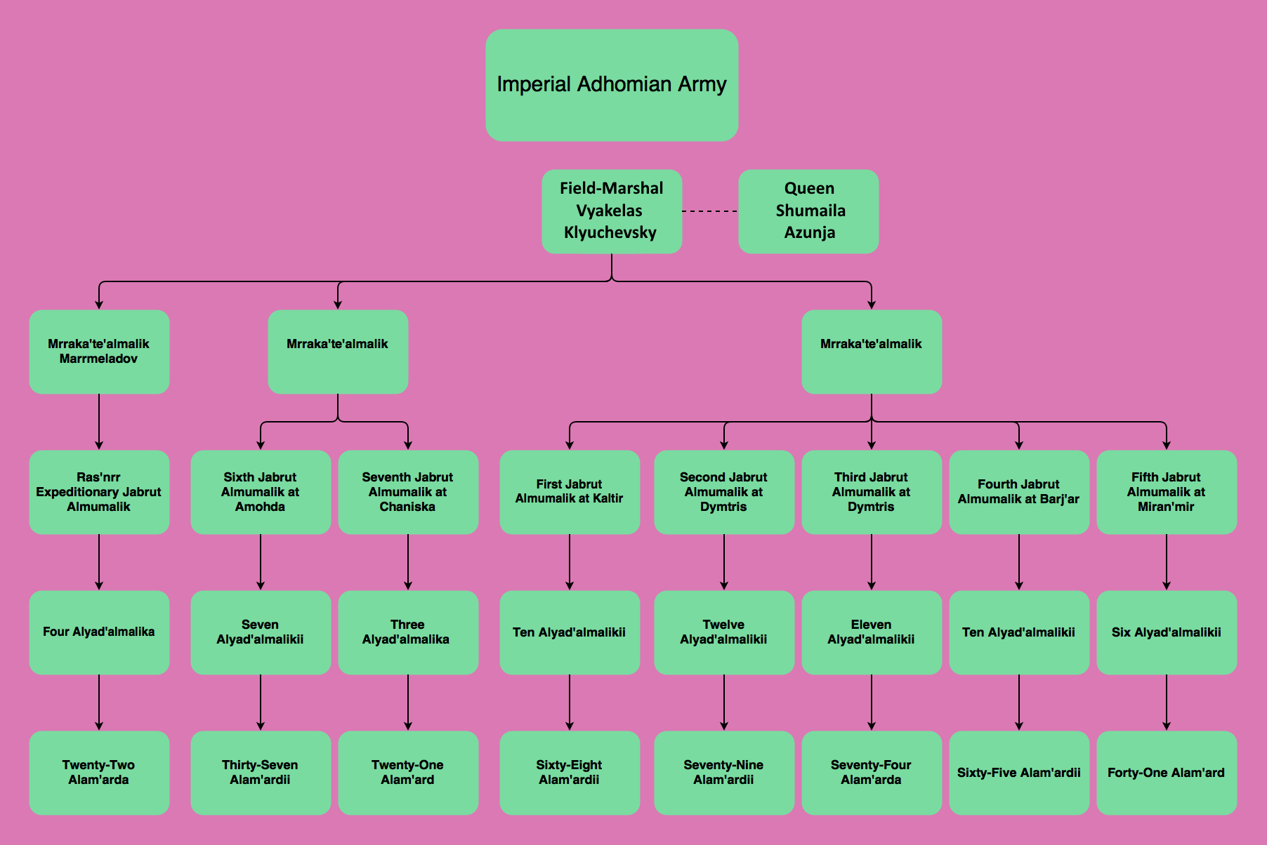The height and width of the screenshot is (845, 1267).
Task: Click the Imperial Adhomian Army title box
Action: point(612,85)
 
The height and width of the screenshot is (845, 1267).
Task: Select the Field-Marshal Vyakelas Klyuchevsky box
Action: point(612,211)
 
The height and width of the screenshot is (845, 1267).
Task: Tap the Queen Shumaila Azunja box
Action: point(808,211)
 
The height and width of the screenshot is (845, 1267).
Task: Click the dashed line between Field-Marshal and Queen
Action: point(710,211)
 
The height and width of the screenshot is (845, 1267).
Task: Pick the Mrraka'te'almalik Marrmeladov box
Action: point(99,351)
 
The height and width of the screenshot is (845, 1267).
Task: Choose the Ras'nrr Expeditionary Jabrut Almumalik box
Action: point(99,491)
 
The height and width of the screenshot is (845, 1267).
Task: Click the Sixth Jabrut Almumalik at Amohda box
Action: point(261,491)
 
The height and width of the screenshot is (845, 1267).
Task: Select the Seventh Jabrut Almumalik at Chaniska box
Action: point(408,491)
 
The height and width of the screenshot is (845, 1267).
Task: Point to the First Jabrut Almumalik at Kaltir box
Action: point(570,491)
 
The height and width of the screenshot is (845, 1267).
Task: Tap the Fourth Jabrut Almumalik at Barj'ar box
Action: point(1019,491)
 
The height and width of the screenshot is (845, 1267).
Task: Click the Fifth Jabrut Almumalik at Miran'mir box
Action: point(1167,491)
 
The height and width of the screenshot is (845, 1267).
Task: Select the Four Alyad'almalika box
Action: point(99,632)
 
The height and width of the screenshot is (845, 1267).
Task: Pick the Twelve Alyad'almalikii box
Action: point(724,632)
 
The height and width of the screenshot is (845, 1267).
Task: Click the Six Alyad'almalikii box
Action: point(1167,632)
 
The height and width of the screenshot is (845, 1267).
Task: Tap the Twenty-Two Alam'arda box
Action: point(99,772)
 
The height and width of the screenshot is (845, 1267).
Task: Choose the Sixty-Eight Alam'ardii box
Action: point(570,772)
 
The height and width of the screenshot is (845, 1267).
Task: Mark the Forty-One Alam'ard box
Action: point(1167,772)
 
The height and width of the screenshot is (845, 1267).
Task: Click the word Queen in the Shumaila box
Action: point(809,188)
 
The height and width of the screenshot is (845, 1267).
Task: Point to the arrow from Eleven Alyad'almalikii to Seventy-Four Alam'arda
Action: point(872,702)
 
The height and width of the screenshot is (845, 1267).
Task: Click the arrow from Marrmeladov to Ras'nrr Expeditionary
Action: point(99,421)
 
